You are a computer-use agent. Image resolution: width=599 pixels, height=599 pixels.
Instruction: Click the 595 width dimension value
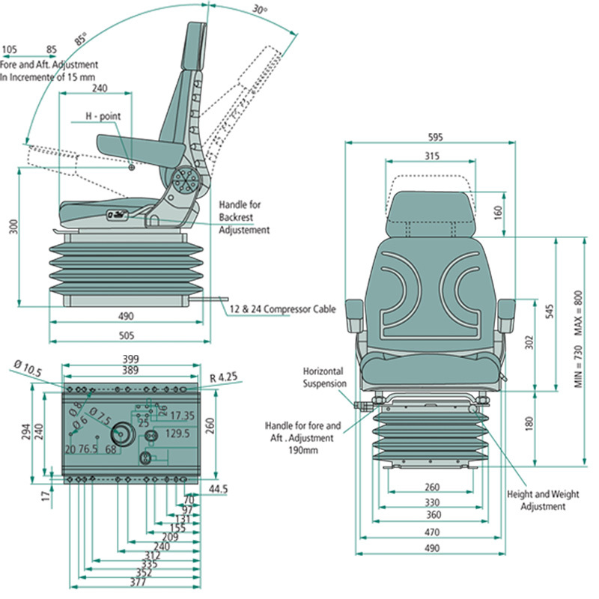pyautogui.click(x=435, y=137)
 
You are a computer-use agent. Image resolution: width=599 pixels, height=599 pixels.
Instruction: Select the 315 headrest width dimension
pyautogui.click(x=430, y=156)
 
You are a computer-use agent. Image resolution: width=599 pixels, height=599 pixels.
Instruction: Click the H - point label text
pyautogui.click(x=103, y=117)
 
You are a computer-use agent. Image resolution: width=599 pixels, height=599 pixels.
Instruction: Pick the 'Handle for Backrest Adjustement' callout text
pyautogui.click(x=243, y=217)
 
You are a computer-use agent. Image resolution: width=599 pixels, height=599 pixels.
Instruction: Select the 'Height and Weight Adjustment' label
pyautogui.click(x=536, y=500)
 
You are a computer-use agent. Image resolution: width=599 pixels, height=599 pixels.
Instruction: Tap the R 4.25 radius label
pyautogui.click(x=224, y=378)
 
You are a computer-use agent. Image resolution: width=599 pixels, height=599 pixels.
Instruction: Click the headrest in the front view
pyautogui.click(x=430, y=213)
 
